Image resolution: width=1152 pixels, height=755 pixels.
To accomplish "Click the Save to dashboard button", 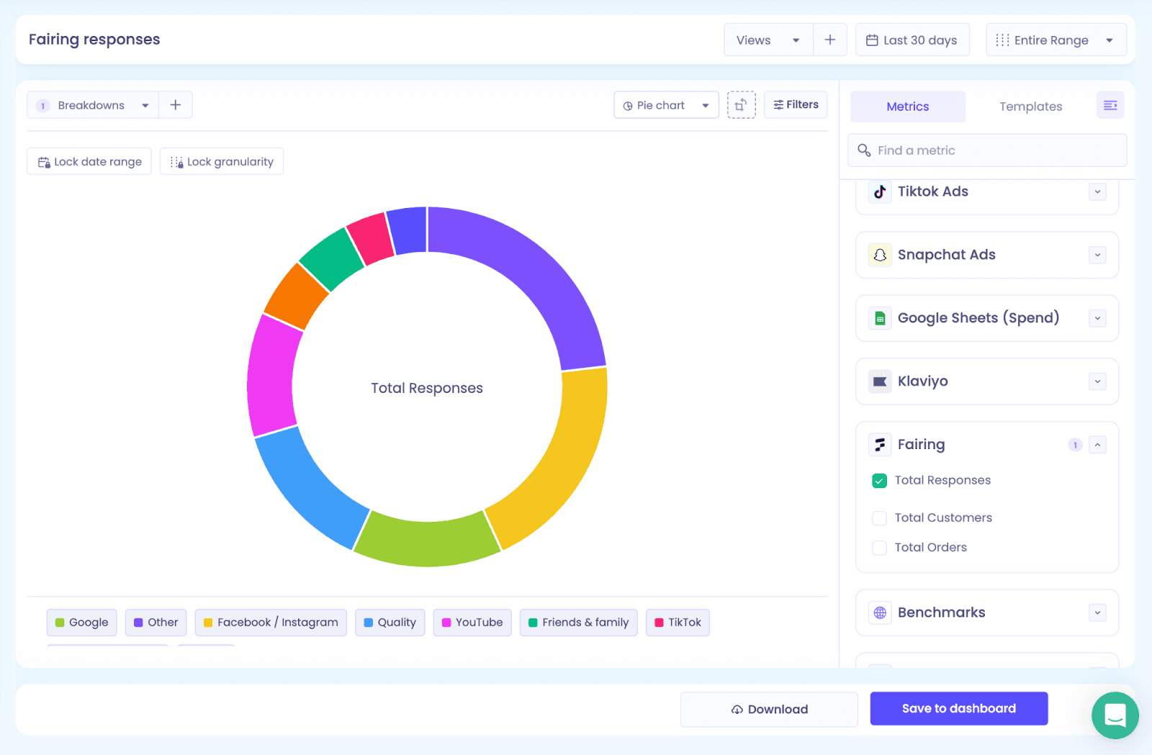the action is pos(958,708).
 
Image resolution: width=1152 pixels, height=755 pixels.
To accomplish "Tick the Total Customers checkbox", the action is pos(879,517).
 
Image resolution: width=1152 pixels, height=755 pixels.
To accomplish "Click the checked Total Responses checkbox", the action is pos(879,481).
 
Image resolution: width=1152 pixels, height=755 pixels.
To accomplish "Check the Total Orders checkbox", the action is pos(879,548).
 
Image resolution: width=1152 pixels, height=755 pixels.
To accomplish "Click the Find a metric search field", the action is pos(987,150).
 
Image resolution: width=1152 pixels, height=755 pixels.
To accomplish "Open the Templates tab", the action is pos(1030,107).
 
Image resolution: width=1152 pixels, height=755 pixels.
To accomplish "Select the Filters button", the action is pos(796,105).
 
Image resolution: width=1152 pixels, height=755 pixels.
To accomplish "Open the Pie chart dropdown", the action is pos(666,105).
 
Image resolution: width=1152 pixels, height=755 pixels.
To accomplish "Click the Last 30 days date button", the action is pos(912,40).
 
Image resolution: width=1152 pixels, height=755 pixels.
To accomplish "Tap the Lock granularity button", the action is pos(222,161).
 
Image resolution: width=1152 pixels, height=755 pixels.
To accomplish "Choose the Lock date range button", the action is pos(89,161).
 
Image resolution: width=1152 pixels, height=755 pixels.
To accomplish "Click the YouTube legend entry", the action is pos(472,623).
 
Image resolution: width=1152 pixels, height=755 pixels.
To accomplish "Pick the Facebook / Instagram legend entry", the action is pos(271,623).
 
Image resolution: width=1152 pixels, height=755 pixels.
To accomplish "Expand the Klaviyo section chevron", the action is pos(1097,381).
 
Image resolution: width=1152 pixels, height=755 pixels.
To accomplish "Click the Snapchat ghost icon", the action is pos(880,255).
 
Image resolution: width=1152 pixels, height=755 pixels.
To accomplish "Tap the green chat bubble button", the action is pos(1115,715).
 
